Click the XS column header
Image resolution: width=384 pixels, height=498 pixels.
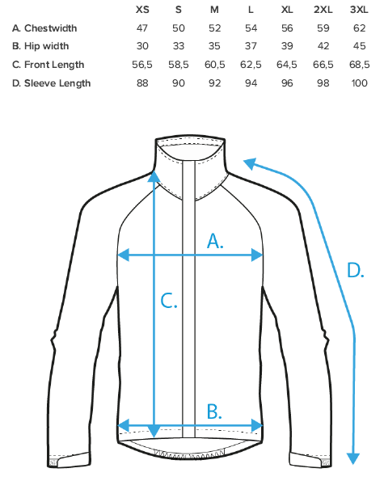point(142,10)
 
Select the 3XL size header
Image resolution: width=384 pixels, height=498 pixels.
point(359,10)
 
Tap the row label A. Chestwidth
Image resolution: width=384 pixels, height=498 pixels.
point(44,28)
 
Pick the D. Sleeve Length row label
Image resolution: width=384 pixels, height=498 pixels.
point(52,83)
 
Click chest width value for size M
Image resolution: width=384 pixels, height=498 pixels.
point(215,28)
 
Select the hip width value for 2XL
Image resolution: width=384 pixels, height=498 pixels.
point(323,46)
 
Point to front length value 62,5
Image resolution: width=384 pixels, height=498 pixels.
point(251,65)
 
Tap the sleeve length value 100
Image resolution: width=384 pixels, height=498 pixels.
point(359,83)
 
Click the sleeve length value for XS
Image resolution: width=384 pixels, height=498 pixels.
point(142,83)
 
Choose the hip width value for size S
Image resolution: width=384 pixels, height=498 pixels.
point(179,46)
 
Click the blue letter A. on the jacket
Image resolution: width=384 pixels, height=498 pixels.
point(215,240)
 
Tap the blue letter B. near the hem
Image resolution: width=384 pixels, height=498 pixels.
point(214,411)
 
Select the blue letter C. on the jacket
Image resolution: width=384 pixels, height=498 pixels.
point(169,301)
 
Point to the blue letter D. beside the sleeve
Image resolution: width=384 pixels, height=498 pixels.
point(356,271)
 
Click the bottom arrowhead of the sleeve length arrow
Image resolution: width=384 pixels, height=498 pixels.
point(352,458)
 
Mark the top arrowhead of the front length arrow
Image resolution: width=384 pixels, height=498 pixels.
point(154,176)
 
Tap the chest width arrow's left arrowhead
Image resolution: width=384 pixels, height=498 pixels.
point(123,255)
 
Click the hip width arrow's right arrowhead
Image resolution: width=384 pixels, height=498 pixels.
point(257,425)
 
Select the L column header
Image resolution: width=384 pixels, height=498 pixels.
point(251,10)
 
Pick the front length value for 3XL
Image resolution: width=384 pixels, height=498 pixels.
point(359,65)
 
